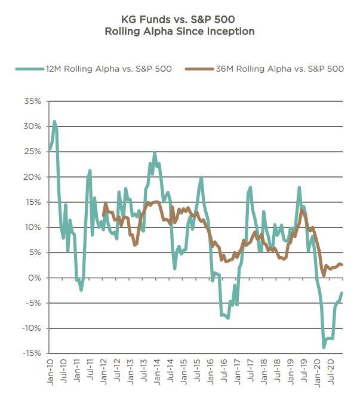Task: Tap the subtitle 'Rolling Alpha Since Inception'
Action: pyautogui.click(x=180, y=31)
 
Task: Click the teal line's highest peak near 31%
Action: pyautogui.click(x=54, y=121)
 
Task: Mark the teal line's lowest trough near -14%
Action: pyautogui.click(x=324, y=347)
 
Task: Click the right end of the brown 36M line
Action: pyautogui.click(x=341, y=265)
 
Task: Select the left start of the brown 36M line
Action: pyautogui.click(x=103, y=215)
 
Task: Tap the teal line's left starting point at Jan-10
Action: pyautogui.click(x=50, y=149)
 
